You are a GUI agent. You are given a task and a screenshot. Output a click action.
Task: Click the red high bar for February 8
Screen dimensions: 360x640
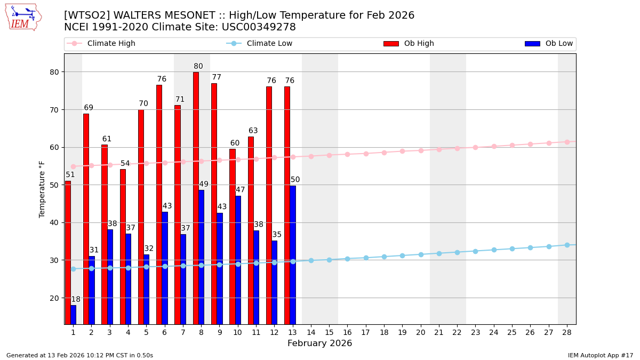(196, 197)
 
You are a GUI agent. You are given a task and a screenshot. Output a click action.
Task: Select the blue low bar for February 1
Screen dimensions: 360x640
(73, 315)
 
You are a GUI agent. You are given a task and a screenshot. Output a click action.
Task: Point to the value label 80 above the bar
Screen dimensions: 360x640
(198, 67)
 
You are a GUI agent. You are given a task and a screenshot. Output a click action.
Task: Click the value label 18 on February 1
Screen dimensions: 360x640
(76, 299)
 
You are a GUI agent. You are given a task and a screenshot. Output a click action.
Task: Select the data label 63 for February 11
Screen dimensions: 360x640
(253, 131)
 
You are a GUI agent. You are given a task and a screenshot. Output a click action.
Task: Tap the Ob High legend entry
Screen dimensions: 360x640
(409, 44)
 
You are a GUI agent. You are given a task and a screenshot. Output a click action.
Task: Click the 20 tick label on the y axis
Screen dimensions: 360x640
(55, 298)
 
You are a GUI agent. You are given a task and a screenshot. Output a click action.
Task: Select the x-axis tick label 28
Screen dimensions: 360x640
(567, 332)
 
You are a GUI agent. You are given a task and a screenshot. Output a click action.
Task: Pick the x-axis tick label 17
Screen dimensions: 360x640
(366, 332)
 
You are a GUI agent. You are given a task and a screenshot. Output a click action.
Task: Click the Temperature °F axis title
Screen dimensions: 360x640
(42, 189)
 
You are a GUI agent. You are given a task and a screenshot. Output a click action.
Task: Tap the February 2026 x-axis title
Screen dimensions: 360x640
(319, 343)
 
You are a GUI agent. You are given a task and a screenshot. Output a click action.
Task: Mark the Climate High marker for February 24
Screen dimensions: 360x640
(494, 146)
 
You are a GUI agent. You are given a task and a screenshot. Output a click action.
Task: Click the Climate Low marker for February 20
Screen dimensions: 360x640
(421, 254)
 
